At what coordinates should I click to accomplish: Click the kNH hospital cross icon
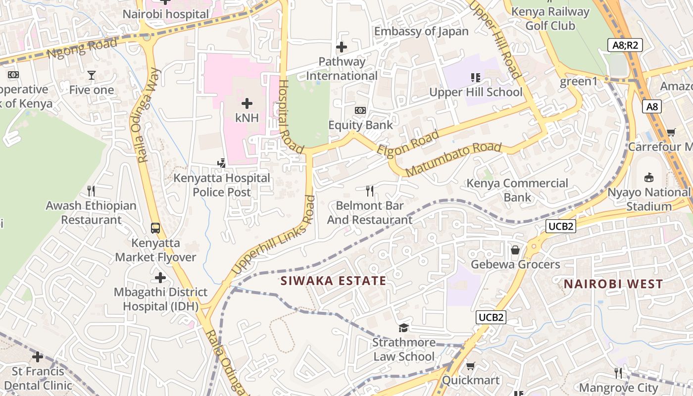[x=247, y=103]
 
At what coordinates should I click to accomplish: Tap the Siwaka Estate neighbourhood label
[x=333, y=281]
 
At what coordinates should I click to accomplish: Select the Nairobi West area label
[x=613, y=284]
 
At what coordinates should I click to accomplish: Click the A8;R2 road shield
[x=625, y=46]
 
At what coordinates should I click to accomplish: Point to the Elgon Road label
[x=408, y=143]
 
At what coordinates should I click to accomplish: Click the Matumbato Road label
[x=453, y=159]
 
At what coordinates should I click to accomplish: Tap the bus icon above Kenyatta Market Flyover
[x=155, y=228]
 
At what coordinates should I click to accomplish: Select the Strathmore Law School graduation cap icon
[x=403, y=328]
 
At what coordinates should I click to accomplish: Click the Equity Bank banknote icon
[x=360, y=110]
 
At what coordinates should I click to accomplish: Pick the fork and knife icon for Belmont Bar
[x=369, y=191]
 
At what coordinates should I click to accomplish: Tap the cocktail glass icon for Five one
[x=92, y=75]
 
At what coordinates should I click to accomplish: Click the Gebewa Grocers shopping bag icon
[x=515, y=250]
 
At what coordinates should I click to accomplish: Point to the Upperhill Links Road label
[x=274, y=235]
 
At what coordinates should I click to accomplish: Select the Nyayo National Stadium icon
[x=649, y=178]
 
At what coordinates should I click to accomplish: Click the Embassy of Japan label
[x=421, y=32]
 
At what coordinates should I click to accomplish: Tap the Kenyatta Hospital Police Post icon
[x=222, y=163]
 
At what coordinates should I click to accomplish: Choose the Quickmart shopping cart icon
[x=470, y=366]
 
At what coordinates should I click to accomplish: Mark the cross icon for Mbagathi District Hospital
[x=160, y=278]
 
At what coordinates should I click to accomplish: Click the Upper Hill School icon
[x=475, y=77]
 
